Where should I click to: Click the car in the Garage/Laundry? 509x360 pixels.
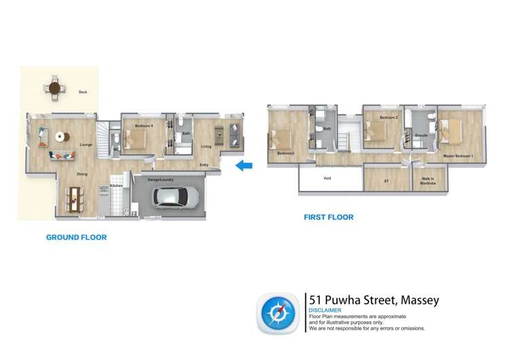(176, 197)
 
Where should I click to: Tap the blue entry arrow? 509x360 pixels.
(244, 165)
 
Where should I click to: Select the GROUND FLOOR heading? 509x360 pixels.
(76, 238)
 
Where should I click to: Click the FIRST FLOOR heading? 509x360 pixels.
(328, 217)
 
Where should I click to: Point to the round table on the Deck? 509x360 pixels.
(54, 88)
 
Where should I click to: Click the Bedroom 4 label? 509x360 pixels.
(145, 126)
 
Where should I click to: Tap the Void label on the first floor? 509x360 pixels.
(327, 179)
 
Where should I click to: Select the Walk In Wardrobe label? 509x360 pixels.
(428, 181)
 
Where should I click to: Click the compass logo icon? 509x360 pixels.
(278, 313)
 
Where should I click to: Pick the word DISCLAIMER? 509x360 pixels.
(325, 310)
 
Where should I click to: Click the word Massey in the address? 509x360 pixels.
(420, 300)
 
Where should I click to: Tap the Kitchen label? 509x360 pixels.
(116, 185)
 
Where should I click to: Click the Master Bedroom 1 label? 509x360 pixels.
(458, 156)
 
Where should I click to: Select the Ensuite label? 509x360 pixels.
(421, 136)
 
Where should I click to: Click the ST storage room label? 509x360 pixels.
(386, 181)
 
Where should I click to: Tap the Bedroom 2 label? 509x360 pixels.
(388, 118)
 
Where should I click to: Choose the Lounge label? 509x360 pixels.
(86, 145)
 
